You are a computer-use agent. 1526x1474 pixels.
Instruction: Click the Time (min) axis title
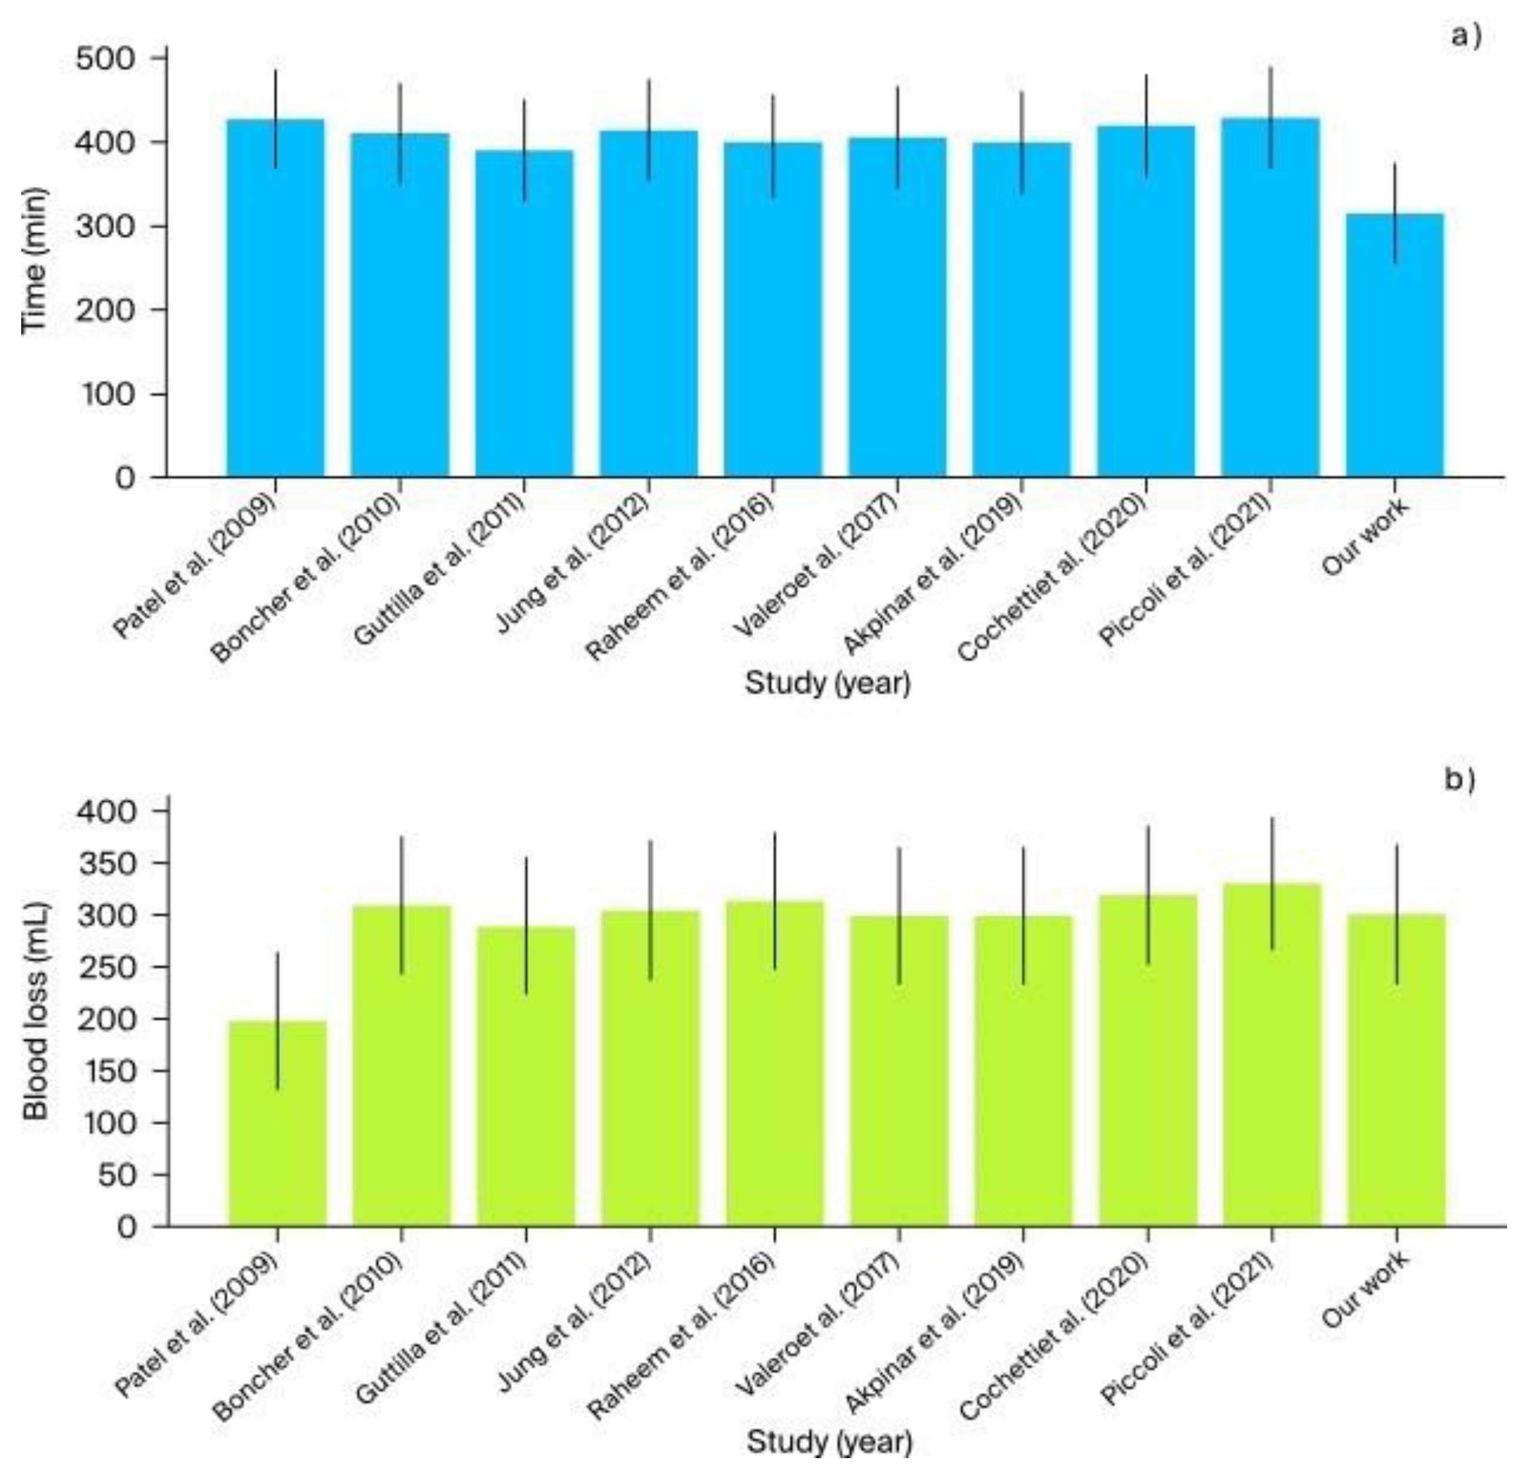34,261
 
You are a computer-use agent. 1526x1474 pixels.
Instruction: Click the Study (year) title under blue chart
827,683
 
